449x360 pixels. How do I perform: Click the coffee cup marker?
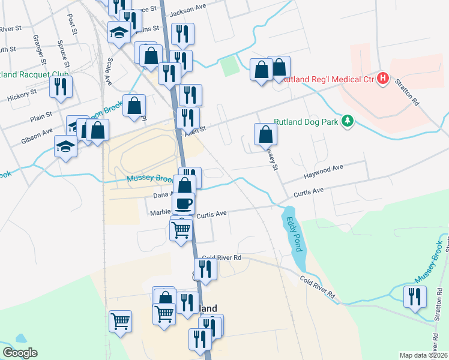[x=184, y=203]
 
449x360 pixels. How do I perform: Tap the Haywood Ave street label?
[x=323, y=169]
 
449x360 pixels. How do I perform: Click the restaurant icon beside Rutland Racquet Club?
[x=61, y=87]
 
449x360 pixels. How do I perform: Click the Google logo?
[x=19, y=353]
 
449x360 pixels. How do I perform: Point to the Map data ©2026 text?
[x=423, y=355]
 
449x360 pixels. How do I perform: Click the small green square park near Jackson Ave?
[x=230, y=67]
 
